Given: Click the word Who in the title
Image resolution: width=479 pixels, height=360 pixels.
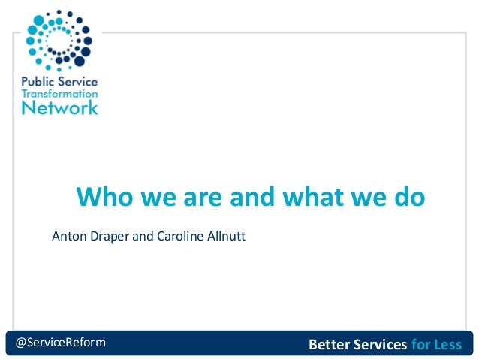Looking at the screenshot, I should click(x=106, y=198).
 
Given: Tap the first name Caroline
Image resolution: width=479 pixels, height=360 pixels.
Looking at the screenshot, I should click(x=179, y=237).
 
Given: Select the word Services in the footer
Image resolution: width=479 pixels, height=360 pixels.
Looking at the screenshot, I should click(x=380, y=345).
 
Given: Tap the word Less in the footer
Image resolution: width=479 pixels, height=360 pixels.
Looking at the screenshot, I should click(x=447, y=345).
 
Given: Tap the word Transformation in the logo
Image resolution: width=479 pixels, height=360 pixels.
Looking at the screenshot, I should click(x=59, y=95).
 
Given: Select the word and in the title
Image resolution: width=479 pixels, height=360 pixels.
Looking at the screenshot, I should click(x=253, y=198).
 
